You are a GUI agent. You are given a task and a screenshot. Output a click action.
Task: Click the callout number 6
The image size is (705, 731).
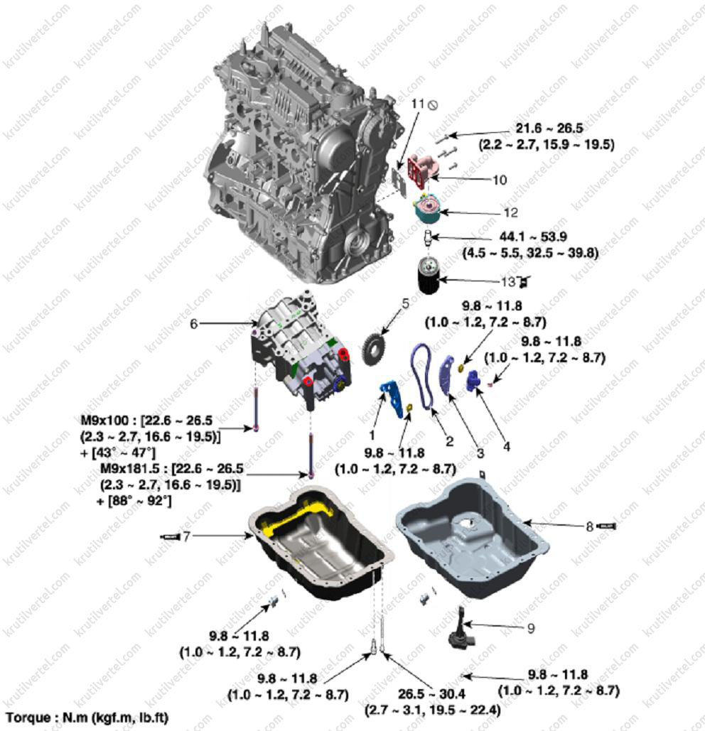coord(193,324)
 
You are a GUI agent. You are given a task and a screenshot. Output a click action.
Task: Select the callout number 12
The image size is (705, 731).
coord(510,212)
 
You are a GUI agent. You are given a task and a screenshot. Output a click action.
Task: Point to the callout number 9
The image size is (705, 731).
coord(531,628)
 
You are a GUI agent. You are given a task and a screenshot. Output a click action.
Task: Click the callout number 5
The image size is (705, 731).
coord(405,303)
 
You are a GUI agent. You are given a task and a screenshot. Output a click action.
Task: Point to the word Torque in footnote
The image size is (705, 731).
coord(29,718)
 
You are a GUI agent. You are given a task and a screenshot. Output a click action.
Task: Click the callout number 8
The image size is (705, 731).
coord(589,527)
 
